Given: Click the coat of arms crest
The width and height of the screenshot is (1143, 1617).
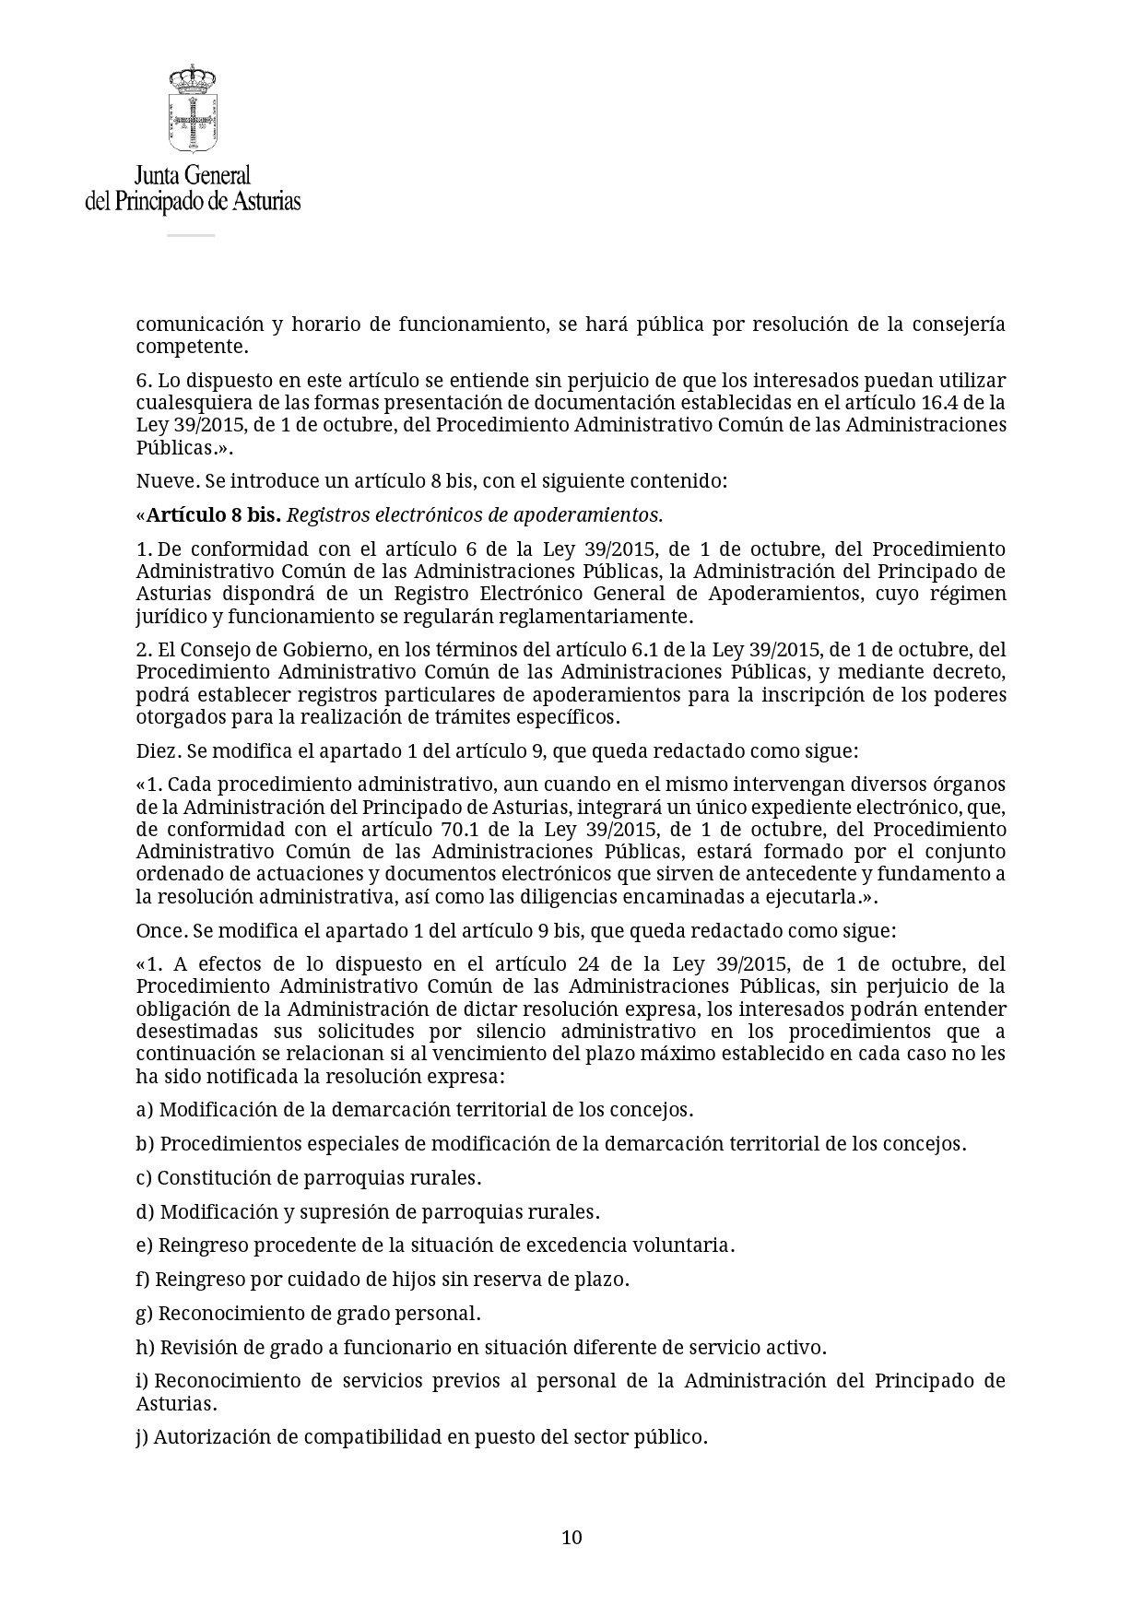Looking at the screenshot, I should [192, 109].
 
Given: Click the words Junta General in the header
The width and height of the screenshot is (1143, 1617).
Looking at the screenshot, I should [192, 175].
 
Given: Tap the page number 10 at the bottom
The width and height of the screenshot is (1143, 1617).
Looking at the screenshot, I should [571, 1537].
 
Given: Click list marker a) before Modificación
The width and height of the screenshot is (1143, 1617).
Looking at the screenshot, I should [145, 1110].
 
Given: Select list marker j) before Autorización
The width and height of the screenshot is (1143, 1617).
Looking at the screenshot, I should [143, 1437].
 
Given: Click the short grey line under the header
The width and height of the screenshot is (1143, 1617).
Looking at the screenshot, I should [191, 236].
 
